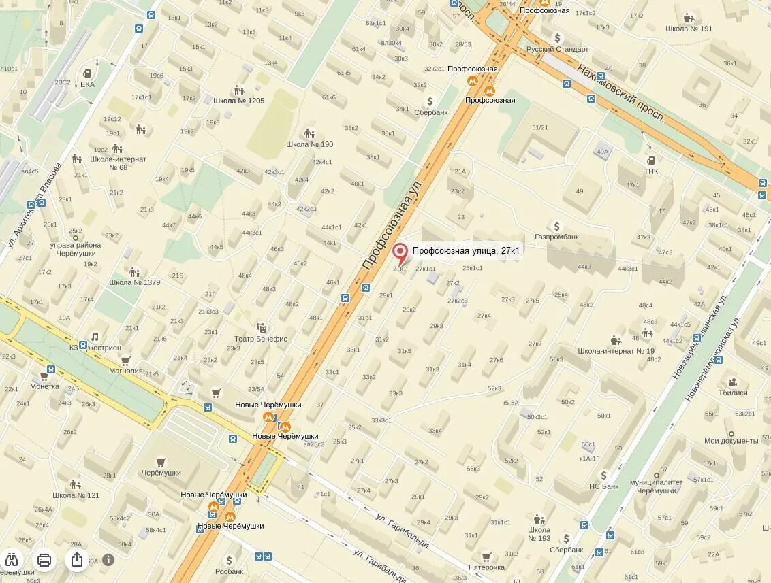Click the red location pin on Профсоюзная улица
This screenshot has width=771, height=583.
pos(400,254)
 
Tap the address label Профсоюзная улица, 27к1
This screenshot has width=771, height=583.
pos(466,251)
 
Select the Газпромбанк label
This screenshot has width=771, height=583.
pos(556,237)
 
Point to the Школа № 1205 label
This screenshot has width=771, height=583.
pos(238,101)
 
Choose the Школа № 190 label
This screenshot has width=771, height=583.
pos(309,144)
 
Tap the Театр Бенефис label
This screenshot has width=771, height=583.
pos(261,339)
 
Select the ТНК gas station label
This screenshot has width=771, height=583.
pos(651,171)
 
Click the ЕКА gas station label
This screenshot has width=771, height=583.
pos(87,84)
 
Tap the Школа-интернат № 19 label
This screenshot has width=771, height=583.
pos(616,351)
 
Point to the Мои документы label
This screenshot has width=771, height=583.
pos(730,441)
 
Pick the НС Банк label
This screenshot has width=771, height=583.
pos(603,486)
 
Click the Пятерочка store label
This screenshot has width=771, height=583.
pos(486,567)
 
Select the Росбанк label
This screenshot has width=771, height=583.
pos(229,571)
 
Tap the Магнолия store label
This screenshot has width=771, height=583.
pos(126,371)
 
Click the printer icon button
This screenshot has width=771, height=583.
pos(44,560)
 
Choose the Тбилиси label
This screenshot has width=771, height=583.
pos(733,393)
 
